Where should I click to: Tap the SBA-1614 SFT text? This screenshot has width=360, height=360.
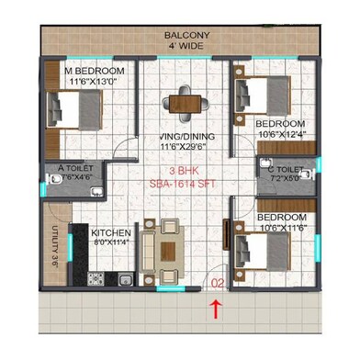point(181,185)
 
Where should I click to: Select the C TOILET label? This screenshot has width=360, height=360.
point(286,170)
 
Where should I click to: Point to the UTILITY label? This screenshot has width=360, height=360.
point(56,247)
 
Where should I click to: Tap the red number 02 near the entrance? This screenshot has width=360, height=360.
point(217,284)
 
